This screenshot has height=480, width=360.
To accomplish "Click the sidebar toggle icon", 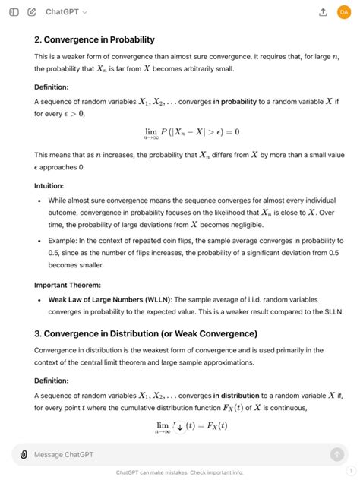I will point(14,12).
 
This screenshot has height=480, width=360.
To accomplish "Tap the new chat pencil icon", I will point(31,12).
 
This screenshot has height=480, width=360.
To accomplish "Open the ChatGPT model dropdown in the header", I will point(66,12).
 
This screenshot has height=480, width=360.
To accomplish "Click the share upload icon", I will point(323,12).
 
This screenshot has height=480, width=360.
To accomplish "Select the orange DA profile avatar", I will point(344,12).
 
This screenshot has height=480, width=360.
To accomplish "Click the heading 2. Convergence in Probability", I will point(94,39).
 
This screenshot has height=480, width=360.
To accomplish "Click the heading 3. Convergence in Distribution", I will point(145,333).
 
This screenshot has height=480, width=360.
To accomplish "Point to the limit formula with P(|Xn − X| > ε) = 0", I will point(191,132).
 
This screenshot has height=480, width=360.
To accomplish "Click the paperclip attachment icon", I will point(24,454).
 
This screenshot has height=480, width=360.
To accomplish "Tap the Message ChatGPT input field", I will point(175,454).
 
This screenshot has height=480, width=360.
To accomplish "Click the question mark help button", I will point(351,470).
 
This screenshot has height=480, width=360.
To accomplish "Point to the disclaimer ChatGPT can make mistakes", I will point(179,472).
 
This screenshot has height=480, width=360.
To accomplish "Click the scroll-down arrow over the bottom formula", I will point(180,426).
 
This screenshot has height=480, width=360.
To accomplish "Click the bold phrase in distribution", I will point(245,395).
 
